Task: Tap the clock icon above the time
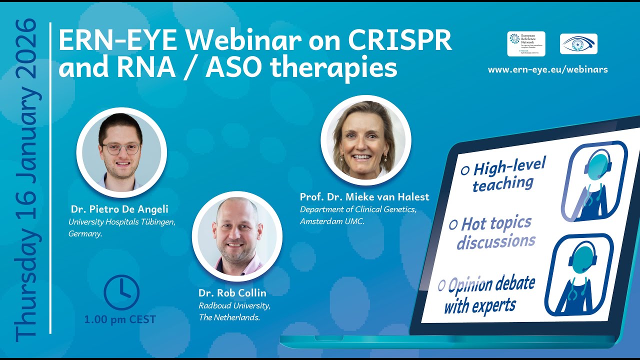pyautogui.click(x=121, y=292)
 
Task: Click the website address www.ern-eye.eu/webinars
pyautogui.click(x=547, y=69)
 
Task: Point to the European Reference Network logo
pyautogui.click(x=526, y=44)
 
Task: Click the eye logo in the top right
pyautogui.click(x=578, y=44)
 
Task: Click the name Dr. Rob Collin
pyautogui.click(x=225, y=293)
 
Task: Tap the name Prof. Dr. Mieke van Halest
pyautogui.click(x=364, y=197)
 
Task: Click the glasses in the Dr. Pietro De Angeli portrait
pyautogui.click(x=121, y=148)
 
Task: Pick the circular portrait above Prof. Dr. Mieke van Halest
pyautogui.click(x=365, y=139)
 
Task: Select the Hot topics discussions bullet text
pyautogui.click(x=495, y=232)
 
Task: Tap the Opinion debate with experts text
pyautogui.click(x=487, y=294)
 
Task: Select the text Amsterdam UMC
pyautogui.click(x=332, y=220)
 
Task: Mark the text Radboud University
pyautogui.click(x=234, y=306)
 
